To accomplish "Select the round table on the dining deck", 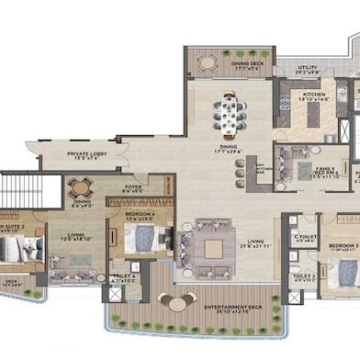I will (208, 63).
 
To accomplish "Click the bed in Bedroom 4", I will (141, 241).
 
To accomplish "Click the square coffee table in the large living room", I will (213, 248).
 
